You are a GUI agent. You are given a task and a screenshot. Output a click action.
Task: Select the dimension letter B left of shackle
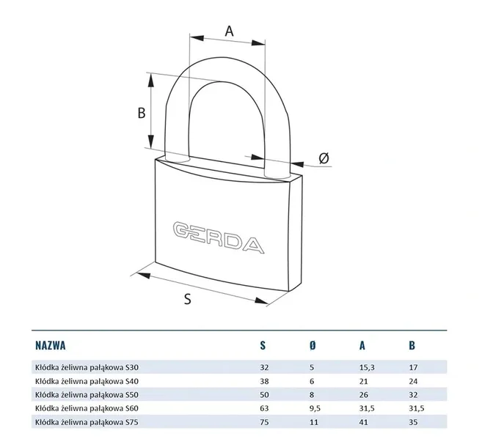point(142,113)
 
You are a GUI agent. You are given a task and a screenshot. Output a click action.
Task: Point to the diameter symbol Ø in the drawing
point(324,158)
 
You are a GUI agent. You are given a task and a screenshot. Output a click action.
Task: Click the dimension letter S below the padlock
point(187,298)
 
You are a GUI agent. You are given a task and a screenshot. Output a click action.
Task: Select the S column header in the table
point(263,345)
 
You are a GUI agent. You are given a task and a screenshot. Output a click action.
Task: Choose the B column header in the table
point(411,345)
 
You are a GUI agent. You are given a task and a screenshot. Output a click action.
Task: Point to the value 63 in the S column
point(264,407)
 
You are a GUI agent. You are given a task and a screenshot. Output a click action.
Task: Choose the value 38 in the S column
point(264,381)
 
